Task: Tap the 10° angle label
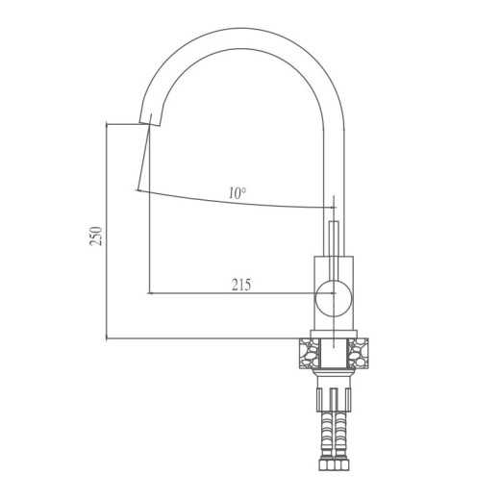[x=237, y=192]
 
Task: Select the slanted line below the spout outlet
[x=144, y=159]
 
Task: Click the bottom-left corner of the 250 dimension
[x=107, y=338]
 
